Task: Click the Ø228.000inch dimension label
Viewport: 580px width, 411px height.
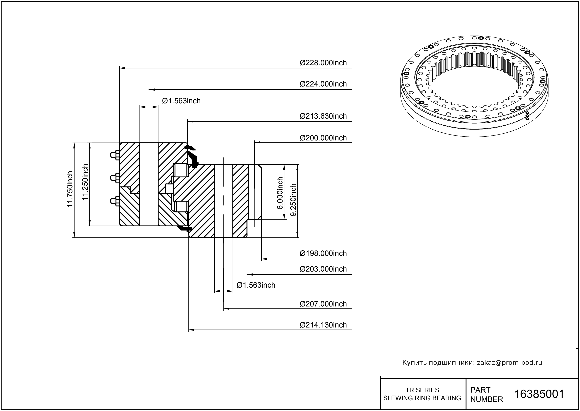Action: tap(323, 63)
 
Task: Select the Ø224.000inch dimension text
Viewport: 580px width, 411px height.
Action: tap(323, 84)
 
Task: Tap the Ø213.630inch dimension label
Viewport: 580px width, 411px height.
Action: tap(323, 116)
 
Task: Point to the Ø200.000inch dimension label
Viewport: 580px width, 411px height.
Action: tap(323, 138)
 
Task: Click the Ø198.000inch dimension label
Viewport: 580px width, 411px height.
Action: tap(323, 253)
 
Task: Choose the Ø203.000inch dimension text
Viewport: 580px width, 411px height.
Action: tap(323, 269)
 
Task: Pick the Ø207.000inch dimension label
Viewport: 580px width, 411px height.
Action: tap(323, 304)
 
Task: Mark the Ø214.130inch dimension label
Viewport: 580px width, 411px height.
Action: tap(323, 325)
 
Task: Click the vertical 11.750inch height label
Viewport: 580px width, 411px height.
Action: tap(70, 189)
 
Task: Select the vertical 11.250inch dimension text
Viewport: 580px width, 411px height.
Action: tap(85, 182)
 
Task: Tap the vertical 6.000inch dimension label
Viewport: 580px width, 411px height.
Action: tap(280, 193)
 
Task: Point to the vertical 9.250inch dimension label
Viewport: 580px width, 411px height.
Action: tap(293, 200)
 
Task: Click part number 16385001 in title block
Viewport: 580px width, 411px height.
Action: tap(539, 394)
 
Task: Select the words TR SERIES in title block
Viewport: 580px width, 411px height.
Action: tap(422, 390)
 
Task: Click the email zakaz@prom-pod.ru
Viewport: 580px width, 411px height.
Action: tap(509, 363)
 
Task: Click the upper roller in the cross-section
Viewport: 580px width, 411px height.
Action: tap(181, 170)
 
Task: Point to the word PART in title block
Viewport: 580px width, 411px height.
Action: tap(480, 390)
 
